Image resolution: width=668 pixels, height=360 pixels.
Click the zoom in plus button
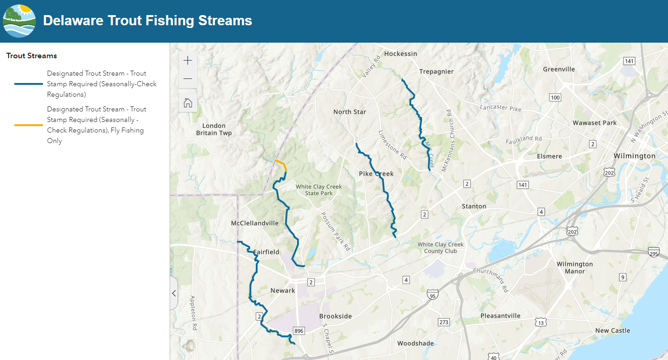pyautogui.click(x=188, y=61)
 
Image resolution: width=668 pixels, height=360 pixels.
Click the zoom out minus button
pyautogui.click(x=188, y=78)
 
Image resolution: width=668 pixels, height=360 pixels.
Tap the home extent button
pyautogui.click(x=188, y=103)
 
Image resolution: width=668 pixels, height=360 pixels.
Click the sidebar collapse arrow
pyautogui.click(x=174, y=293)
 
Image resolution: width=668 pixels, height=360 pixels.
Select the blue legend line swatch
pyautogui.click(x=28, y=84)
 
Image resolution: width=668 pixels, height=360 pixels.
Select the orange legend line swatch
pyautogui.click(x=28, y=125)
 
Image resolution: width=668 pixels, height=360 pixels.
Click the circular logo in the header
pyautogui.click(x=19, y=21)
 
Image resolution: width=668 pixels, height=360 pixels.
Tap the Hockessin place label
pyautogui.click(x=401, y=54)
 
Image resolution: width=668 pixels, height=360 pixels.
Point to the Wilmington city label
pyautogui.click(x=635, y=156)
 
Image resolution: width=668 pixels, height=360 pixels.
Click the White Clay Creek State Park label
pyautogui.click(x=319, y=190)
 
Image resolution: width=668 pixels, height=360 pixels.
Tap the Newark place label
pyautogui.click(x=283, y=291)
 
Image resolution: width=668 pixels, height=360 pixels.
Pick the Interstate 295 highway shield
pyautogui.click(x=654, y=252)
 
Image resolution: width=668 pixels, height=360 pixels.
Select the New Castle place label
pyautogui.click(x=613, y=331)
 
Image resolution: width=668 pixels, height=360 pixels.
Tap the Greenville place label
pyautogui.click(x=559, y=69)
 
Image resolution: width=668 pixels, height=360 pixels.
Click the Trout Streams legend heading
pyautogui.click(x=32, y=56)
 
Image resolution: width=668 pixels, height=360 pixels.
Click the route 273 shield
pyautogui.click(x=443, y=322)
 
